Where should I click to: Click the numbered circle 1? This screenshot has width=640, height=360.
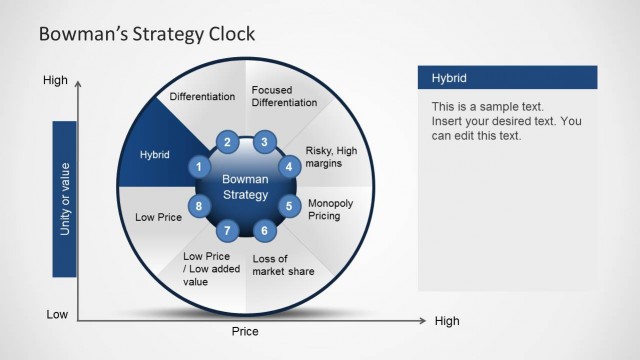[200, 167]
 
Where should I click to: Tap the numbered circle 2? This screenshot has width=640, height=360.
[228, 142]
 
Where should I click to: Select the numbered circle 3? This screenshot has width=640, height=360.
[264, 142]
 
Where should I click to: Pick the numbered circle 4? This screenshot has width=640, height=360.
[289, 167]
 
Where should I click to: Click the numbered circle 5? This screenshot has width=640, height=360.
[289, 207]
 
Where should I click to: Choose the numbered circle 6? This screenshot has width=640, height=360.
[264, 231]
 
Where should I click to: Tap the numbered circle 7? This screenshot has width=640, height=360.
[228, 231]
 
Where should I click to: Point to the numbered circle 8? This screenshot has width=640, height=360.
[200, 207]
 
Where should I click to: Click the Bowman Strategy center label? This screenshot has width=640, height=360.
[245, 186]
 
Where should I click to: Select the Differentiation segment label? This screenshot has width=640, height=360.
[202, 97]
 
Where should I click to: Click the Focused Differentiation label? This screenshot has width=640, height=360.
[284, 97]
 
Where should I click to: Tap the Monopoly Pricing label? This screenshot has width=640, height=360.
[330, 208]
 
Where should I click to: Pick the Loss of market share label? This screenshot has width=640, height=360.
[283, 265]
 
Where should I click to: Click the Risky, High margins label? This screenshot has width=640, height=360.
[331, 157]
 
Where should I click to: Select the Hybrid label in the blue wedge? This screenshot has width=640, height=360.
[154, 155]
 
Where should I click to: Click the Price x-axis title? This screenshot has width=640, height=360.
[245, 331]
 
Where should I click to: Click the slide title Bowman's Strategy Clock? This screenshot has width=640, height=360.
[146, 35]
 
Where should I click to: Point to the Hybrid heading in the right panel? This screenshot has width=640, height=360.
[449, 78]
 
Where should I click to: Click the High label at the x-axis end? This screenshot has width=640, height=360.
[446, 321]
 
